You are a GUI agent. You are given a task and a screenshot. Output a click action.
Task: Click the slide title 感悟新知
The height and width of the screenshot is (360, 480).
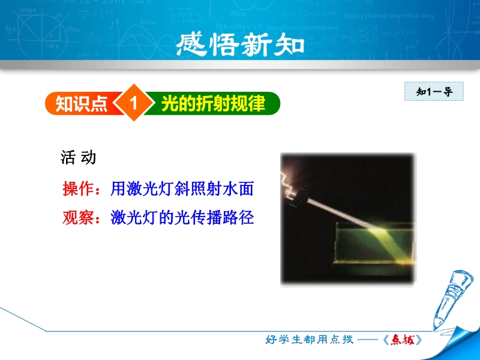click(240, 44)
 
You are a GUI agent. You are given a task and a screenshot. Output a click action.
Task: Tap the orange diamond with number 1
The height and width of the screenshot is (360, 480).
click(133, 103)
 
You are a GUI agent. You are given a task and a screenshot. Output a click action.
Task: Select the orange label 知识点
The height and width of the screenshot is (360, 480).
click(81, 103)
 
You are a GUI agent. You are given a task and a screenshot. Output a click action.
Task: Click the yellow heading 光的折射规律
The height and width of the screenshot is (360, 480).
click(213, 103)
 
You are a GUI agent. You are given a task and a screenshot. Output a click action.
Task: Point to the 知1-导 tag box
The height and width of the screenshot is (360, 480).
click(434, 91)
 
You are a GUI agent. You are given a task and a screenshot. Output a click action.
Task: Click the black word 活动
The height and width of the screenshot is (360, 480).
click(79, 158)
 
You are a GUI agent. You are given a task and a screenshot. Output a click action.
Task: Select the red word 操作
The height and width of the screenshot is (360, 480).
click(78, 188)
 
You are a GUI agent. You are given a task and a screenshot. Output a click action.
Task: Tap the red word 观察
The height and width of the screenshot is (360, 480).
click(78, 218)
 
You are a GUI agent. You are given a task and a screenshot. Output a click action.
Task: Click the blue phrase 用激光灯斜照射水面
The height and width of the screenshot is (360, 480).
click(182, 188)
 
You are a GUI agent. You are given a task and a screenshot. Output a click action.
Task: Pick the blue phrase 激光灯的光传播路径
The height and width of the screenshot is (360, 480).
click(182, 218)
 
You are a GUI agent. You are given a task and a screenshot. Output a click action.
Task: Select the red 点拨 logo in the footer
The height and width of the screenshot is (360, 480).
click(402, 340)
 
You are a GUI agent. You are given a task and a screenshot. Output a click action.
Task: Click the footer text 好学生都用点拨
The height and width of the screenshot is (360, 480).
click(310, 340)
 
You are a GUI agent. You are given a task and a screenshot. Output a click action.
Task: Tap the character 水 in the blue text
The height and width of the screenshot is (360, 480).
click(230, 188)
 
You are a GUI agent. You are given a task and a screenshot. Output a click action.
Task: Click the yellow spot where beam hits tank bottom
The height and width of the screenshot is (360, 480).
click(406, 262)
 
